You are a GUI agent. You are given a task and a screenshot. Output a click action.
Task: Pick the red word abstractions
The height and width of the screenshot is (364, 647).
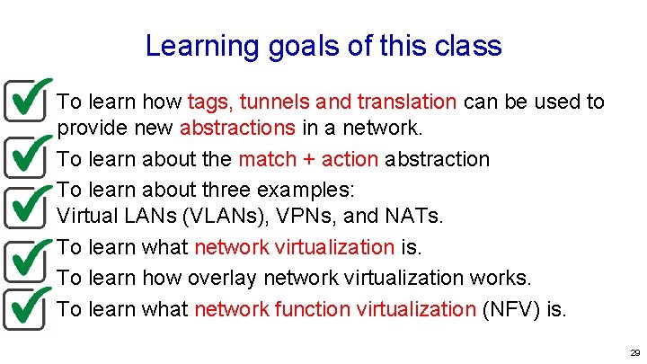[x=237, y=128]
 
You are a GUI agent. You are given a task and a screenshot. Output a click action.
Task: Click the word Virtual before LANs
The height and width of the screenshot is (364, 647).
[x=85, y=217]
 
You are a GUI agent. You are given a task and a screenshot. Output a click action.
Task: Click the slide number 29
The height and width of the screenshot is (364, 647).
[x=634, y=353]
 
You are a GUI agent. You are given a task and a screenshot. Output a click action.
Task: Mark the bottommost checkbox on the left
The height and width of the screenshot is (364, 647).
[x=24, y=306]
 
